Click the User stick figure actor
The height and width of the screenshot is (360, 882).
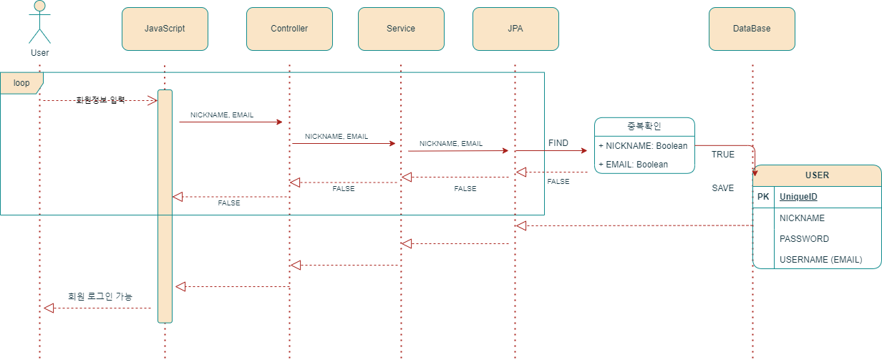(x=39, y=23)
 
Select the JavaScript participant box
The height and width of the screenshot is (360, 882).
(x=165, y=29)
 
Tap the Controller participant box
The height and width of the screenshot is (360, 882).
(x=289, y=29)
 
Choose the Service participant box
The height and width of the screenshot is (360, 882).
(x=401, y=29)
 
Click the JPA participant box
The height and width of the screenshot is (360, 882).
(x=515, y=29)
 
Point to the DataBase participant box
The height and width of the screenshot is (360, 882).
(x=752, y=29)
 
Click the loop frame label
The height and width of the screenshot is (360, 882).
(x=21, y=83)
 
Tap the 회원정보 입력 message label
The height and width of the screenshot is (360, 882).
(x=100, y=100)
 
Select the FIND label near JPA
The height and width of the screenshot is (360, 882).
(x=558, y=143)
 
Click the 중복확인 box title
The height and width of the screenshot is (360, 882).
(x=644, y=127)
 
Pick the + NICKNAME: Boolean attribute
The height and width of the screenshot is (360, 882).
(x=643, y=146)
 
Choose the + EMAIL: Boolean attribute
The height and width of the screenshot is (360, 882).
(x=633, y=165)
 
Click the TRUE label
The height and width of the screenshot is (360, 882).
(x=722, y=155)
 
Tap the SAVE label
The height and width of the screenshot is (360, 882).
(x=722, y=188)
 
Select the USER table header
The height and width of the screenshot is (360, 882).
(x=817, y=175)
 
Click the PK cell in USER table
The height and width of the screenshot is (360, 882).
(x=763, y=197)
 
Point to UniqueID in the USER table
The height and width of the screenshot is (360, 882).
(x=798, y=197)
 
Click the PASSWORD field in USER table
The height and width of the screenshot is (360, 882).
(x=804, y=239)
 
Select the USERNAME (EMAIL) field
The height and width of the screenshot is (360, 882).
(x=820, y=260)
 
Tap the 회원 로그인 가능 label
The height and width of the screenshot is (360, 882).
(x=100, y=296)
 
